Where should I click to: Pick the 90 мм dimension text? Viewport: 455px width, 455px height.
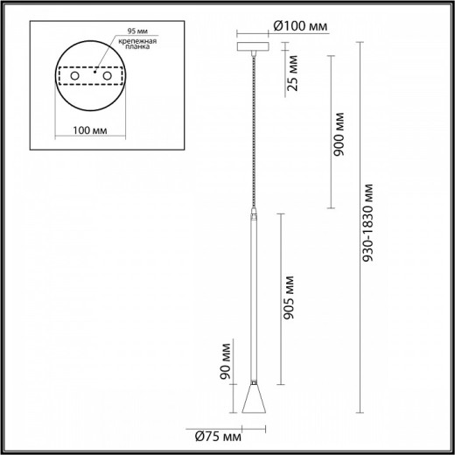(x=226, y=360)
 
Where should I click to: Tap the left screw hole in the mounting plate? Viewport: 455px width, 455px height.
(x=74, y=79)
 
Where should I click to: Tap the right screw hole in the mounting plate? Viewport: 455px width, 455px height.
(x=108, y=79)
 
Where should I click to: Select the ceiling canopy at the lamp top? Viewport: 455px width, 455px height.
(x=255, y=45)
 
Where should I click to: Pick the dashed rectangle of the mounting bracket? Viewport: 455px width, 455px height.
(x=91, y=79)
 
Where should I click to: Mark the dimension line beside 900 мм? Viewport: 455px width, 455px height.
(x=330, y=131)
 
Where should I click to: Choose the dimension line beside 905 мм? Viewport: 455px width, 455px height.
(x=279, y=297)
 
